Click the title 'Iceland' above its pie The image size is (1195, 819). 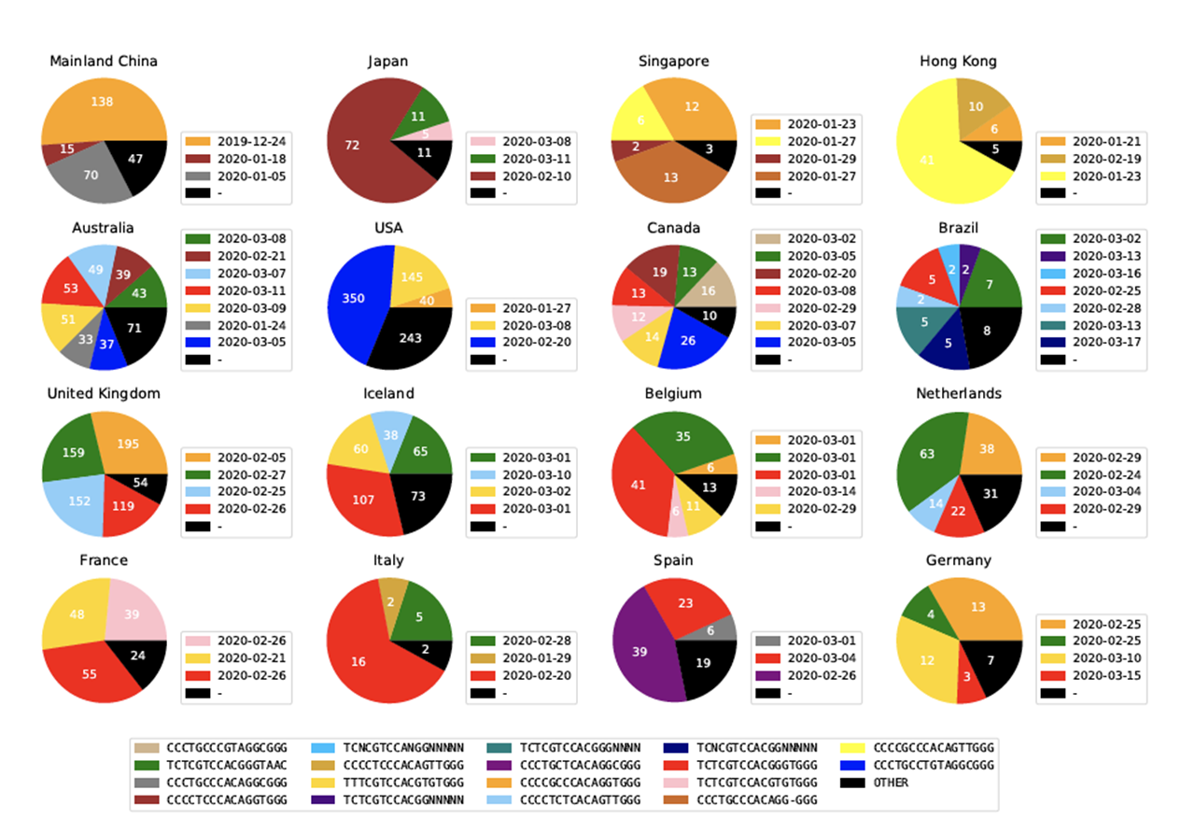point(388,393)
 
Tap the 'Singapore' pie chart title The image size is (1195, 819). point(673,61)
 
